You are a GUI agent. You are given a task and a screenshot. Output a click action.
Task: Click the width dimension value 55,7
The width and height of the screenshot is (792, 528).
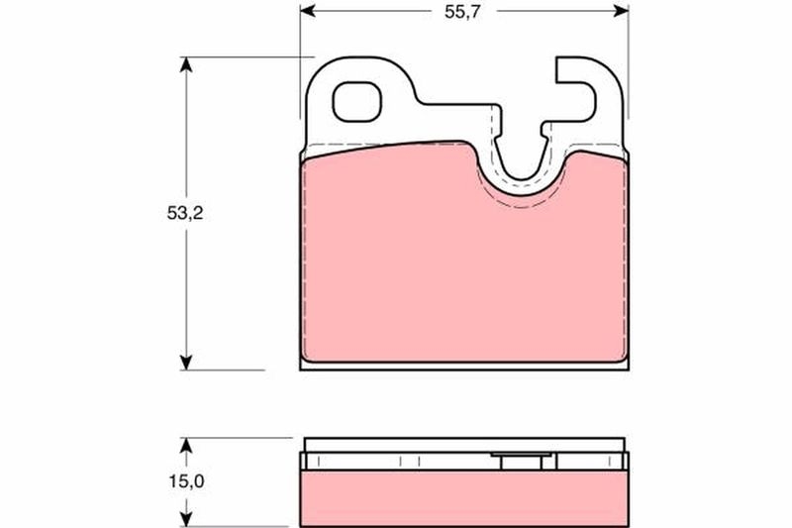coord(463,12)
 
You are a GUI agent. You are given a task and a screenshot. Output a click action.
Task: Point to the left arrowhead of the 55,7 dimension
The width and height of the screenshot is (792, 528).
coord(307,12)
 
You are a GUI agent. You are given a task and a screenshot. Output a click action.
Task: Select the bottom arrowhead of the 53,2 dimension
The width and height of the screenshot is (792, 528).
coord(184,361)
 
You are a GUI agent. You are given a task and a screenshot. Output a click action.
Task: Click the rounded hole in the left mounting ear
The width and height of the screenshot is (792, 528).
coord(355,100)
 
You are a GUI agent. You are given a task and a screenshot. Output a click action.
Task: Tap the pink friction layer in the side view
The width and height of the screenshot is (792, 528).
coord(463,494)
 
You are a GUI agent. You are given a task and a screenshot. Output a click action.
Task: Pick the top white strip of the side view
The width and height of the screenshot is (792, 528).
coord(463,443)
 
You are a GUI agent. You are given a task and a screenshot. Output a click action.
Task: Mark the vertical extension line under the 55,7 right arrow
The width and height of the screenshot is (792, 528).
coord(629,59)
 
